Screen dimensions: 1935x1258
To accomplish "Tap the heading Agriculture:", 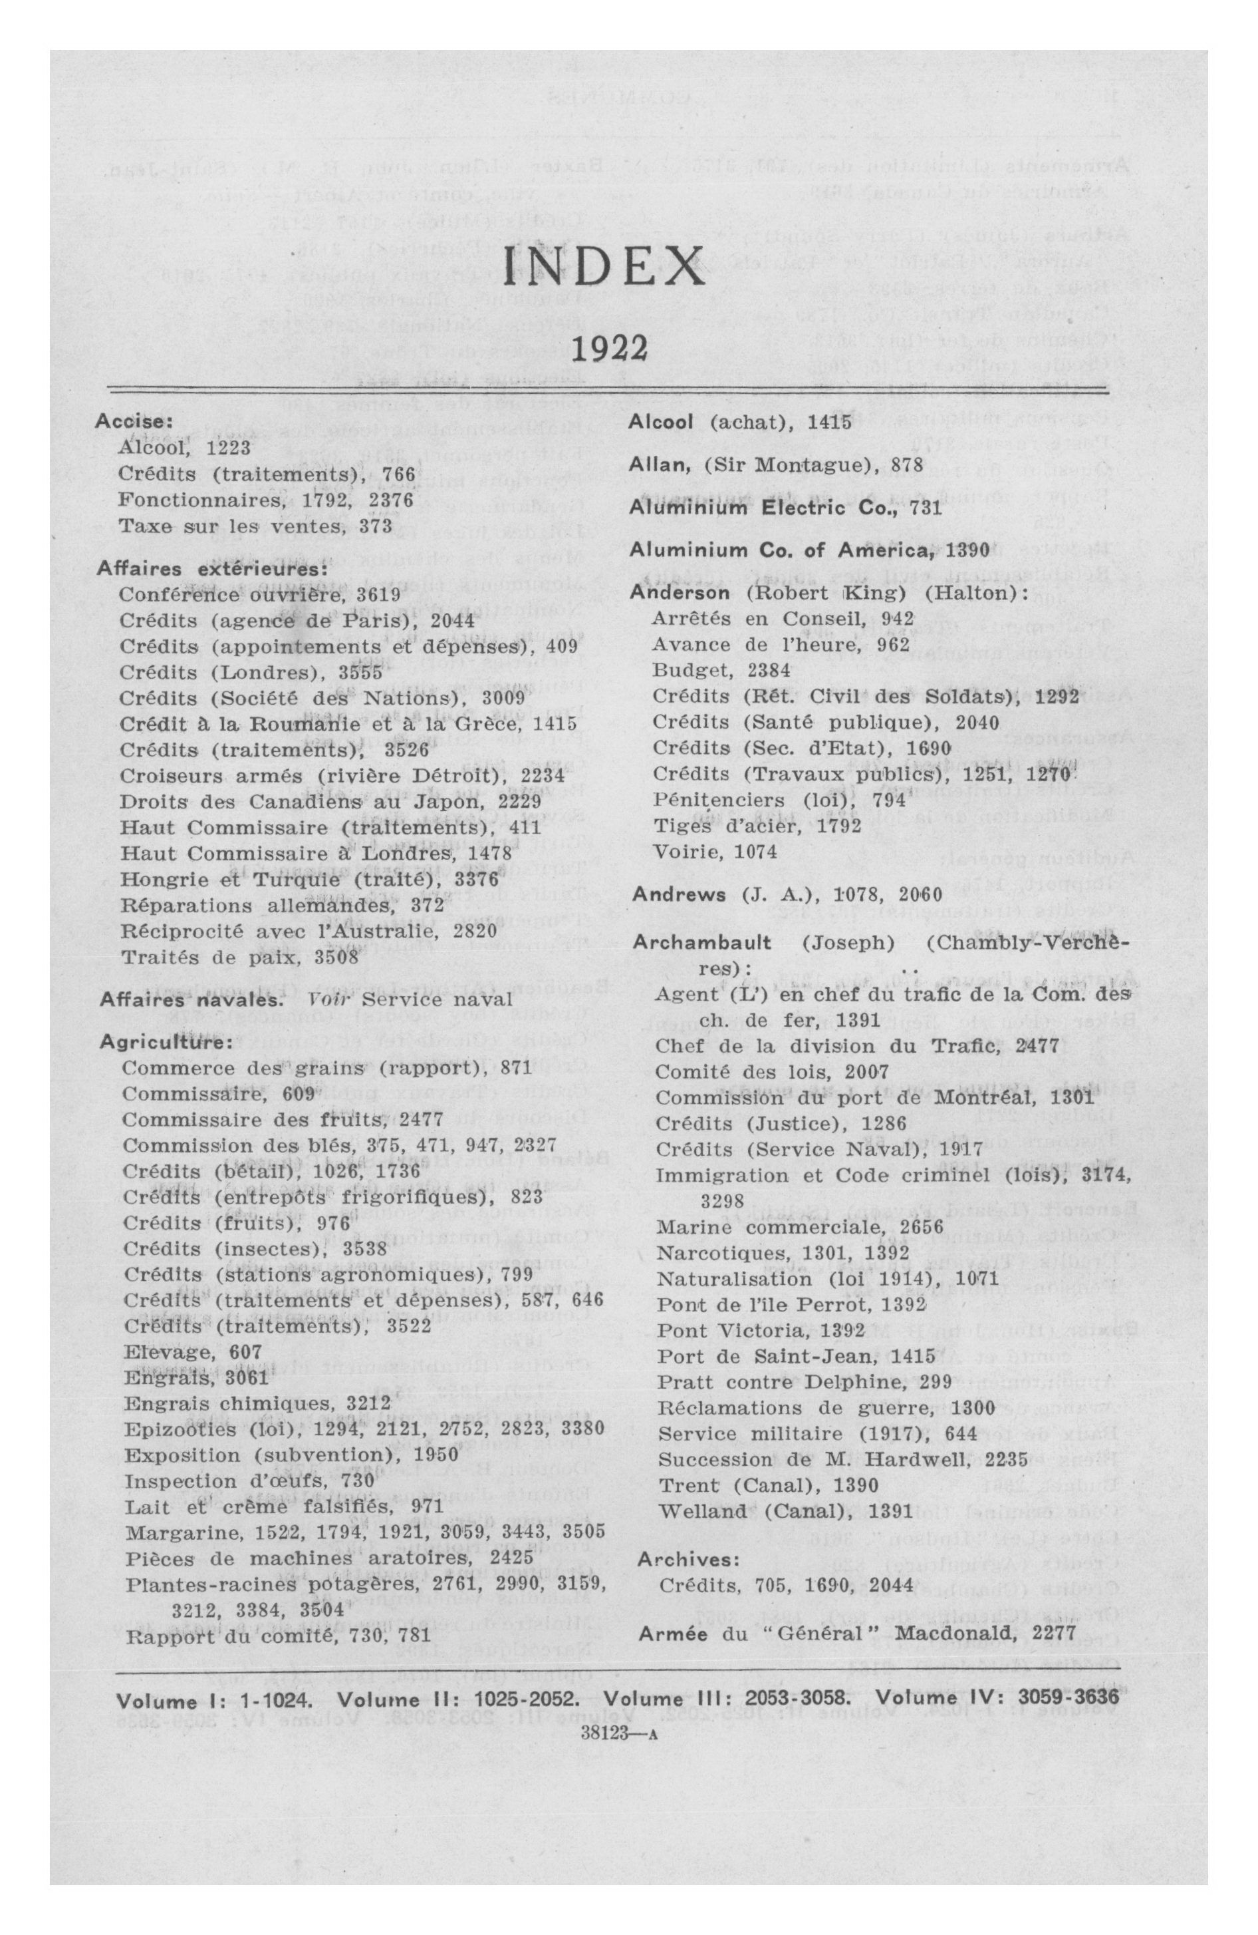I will click(154, 1041).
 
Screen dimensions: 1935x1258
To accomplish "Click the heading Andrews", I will click(679, 894).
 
